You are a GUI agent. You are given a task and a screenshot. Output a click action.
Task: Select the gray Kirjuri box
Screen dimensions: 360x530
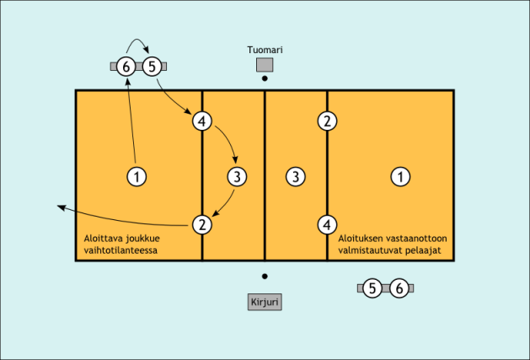tap(265, 302)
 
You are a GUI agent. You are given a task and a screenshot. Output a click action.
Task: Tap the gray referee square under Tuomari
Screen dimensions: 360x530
tap(265, 65)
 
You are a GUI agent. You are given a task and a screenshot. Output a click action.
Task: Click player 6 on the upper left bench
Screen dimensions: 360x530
tap(126, 66)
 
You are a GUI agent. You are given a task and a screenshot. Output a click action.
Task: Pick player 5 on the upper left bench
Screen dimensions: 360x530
tap(152, 66)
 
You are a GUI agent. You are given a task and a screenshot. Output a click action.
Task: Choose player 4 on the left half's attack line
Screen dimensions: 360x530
tap(201, 121)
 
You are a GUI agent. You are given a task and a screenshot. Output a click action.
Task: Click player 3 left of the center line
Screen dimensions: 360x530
tap(238, 176)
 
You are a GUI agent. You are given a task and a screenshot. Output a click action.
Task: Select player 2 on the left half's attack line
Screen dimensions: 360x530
tap(201, 224)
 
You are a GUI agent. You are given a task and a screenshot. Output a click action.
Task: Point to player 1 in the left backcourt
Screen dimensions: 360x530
tap(136, 176)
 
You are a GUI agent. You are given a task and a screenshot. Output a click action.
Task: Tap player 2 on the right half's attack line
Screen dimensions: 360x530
tap(327, 121)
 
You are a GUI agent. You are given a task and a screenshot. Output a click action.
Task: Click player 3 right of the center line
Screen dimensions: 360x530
tap(294, 176)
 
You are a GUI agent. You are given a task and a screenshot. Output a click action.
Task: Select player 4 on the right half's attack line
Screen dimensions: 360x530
tap(327, 224)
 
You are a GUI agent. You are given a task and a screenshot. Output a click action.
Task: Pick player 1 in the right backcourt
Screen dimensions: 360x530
tap(401, 176)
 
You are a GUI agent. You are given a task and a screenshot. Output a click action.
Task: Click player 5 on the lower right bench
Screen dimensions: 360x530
tap(372, 288)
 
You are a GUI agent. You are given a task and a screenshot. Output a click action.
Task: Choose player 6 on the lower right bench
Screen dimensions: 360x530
tap(401, 288)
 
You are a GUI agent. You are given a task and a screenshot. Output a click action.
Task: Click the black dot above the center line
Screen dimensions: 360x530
tap(265, 78)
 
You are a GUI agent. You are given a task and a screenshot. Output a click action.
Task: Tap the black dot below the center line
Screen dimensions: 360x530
tap(265, 277)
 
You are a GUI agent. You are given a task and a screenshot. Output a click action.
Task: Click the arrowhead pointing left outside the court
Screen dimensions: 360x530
tap(60, 206)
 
